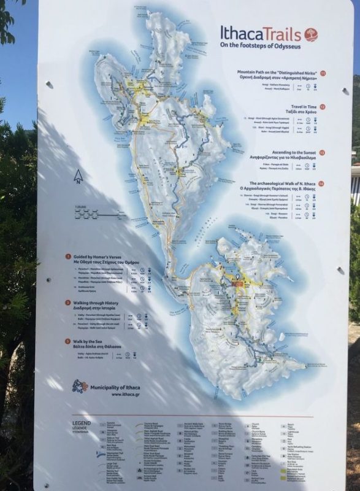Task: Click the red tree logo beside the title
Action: [x=312, y=34]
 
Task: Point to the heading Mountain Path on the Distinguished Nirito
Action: [x=277, y=72]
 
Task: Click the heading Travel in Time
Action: [x=301, y=107]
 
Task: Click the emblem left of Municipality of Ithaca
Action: [x=80, y=387]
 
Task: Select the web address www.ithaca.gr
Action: [x=125, y=395]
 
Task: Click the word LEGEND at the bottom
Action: [x=82, y=423]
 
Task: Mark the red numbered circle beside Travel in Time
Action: [x=323, y=107]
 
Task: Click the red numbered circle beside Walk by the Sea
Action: [x=67, y=341]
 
